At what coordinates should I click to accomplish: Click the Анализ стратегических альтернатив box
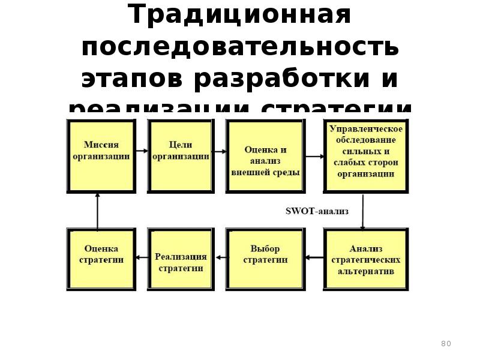365,259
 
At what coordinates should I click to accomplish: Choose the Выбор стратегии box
265,258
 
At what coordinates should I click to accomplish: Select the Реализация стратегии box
181,259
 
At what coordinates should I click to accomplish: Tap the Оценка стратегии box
101,258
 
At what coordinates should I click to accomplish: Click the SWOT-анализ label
316,211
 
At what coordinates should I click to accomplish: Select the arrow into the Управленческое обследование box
314,157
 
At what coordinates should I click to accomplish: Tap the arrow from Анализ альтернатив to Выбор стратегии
314,257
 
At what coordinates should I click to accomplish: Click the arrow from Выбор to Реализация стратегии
220,257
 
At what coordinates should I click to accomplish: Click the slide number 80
446,344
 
